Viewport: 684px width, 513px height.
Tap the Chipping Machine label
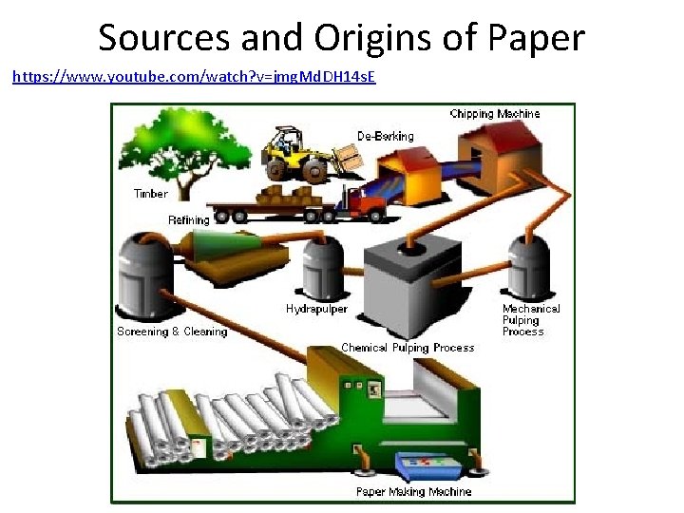click(494, 114)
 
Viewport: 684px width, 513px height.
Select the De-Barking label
click(386, 136)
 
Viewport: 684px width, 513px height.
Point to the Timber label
click(151, 194)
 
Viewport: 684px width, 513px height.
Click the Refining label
click(189, 220)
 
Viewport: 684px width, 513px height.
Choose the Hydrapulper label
click(316, 309)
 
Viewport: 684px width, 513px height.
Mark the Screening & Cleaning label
click(172, 332)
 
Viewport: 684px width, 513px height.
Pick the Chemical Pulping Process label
click(408, 348)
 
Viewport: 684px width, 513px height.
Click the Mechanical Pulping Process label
click(530, 320)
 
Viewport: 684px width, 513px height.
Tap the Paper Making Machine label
click(413, 491)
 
